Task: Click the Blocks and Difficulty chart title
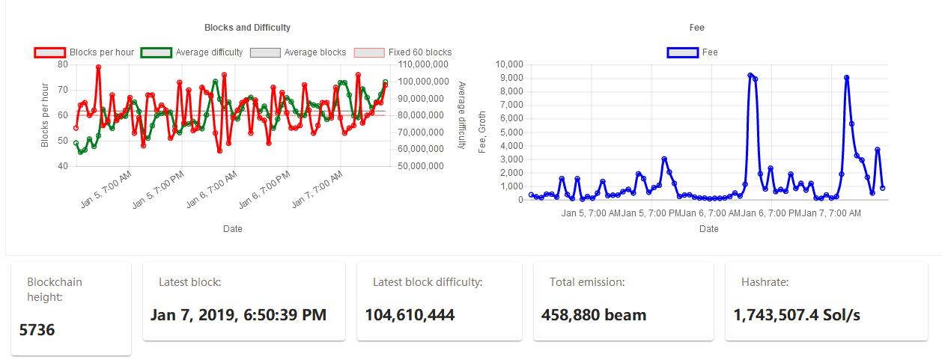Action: [247, 28]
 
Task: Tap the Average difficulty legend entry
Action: [192, 52]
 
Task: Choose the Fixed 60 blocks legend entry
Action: [402, 52]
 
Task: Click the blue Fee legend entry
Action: [692, 52]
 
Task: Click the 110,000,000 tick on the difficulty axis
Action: [423, 64]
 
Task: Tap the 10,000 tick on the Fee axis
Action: [509, 64]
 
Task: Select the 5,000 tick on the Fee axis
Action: [511, 132]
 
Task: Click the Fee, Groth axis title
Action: [483, 132]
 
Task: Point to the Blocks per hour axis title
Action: [45, 115]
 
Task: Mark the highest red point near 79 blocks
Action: [98, 67]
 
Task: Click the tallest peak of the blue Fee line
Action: [750, 75]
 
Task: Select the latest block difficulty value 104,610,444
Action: [410, 314]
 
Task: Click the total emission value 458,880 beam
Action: [593, 314]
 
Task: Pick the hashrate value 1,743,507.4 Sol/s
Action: [797, 314]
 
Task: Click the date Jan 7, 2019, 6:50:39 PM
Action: [238, 314]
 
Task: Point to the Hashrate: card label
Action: [765, 282]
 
